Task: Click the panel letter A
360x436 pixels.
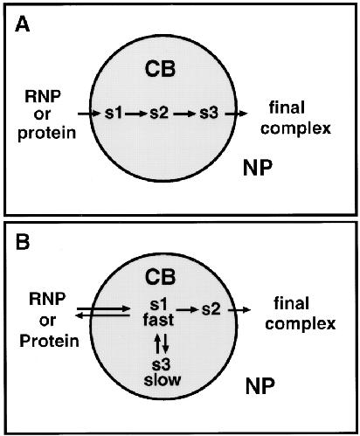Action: [x=23, y=24]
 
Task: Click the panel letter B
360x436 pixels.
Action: [x=23, y=242]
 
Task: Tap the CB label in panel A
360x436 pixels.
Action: [x=160, y=69]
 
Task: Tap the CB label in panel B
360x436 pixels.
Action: [x=160, y=277]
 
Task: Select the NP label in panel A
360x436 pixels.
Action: [x=258, y=168]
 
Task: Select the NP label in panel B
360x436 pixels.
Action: [x=260, y=386]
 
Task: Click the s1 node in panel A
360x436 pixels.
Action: [x=114, y=113]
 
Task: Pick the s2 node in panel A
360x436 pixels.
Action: [x=159, y=113]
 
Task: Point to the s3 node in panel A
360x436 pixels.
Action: [x=209, y=113]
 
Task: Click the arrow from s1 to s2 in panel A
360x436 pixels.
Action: [x=135, y=114]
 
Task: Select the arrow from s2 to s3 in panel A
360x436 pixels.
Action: [x=183, y=114]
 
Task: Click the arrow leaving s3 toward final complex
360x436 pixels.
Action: [x=236, y=114]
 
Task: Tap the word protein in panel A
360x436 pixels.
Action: [x=46, y=134]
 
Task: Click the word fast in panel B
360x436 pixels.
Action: [x=158, y=320]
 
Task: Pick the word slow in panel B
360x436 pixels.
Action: [x=163, y=380]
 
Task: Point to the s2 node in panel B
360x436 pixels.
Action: [x=211, y=309]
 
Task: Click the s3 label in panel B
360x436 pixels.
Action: [x=162, y=364]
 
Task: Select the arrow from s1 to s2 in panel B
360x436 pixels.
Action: [x=187, y=310]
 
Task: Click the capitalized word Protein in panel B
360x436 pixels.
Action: [x=49, y=341]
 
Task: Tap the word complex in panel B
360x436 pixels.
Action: [x=301, y=325]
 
